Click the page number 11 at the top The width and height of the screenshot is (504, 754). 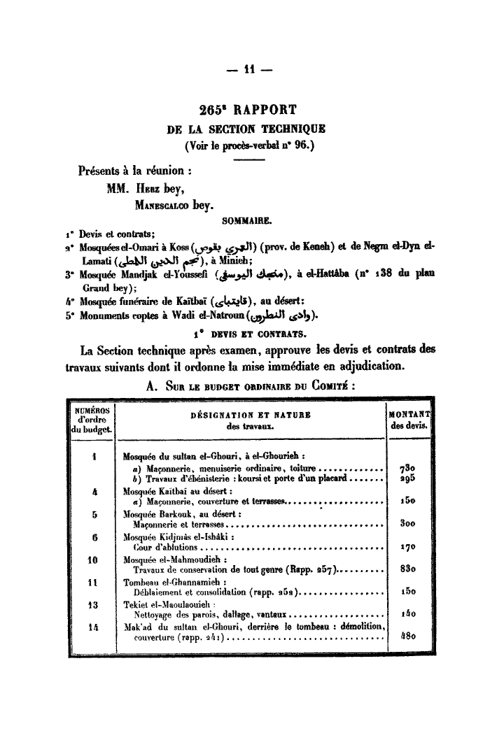coord(249,69)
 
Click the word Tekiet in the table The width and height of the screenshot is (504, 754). coord(137,604)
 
